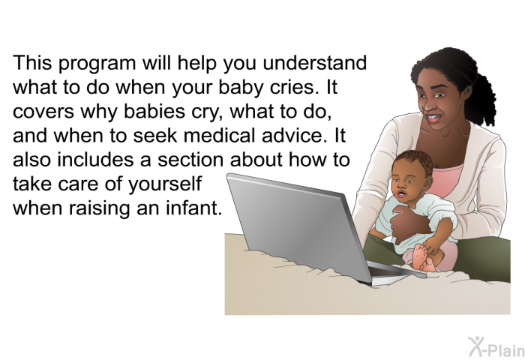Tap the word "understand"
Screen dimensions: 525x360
315,62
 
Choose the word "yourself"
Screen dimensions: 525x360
165,184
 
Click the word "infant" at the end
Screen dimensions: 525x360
193,208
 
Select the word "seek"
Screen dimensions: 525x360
154,135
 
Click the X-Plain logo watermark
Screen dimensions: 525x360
496,347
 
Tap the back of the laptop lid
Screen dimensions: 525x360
298,224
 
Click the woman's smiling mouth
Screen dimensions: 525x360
432,118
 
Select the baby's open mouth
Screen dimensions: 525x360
401,194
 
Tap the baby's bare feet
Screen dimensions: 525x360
421,258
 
